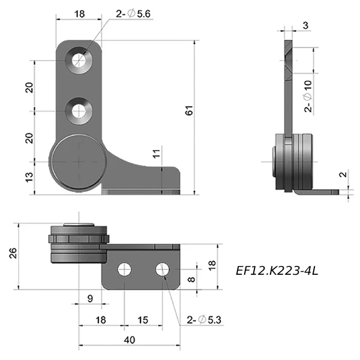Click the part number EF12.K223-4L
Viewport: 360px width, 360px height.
[x=277, y=271]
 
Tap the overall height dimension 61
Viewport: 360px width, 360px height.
[x=189, y=110]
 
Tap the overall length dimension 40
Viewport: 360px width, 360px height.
[x=129, y=340]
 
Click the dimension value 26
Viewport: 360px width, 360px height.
[x=13, y=253]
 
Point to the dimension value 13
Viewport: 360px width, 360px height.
[x=28, y=178]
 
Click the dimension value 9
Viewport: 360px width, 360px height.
[x=90, y=298]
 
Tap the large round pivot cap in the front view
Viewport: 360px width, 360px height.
[x=79, y=162]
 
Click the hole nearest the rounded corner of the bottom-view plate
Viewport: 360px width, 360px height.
[x=162, y=270]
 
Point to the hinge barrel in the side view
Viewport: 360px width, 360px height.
[x=294, y=160]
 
